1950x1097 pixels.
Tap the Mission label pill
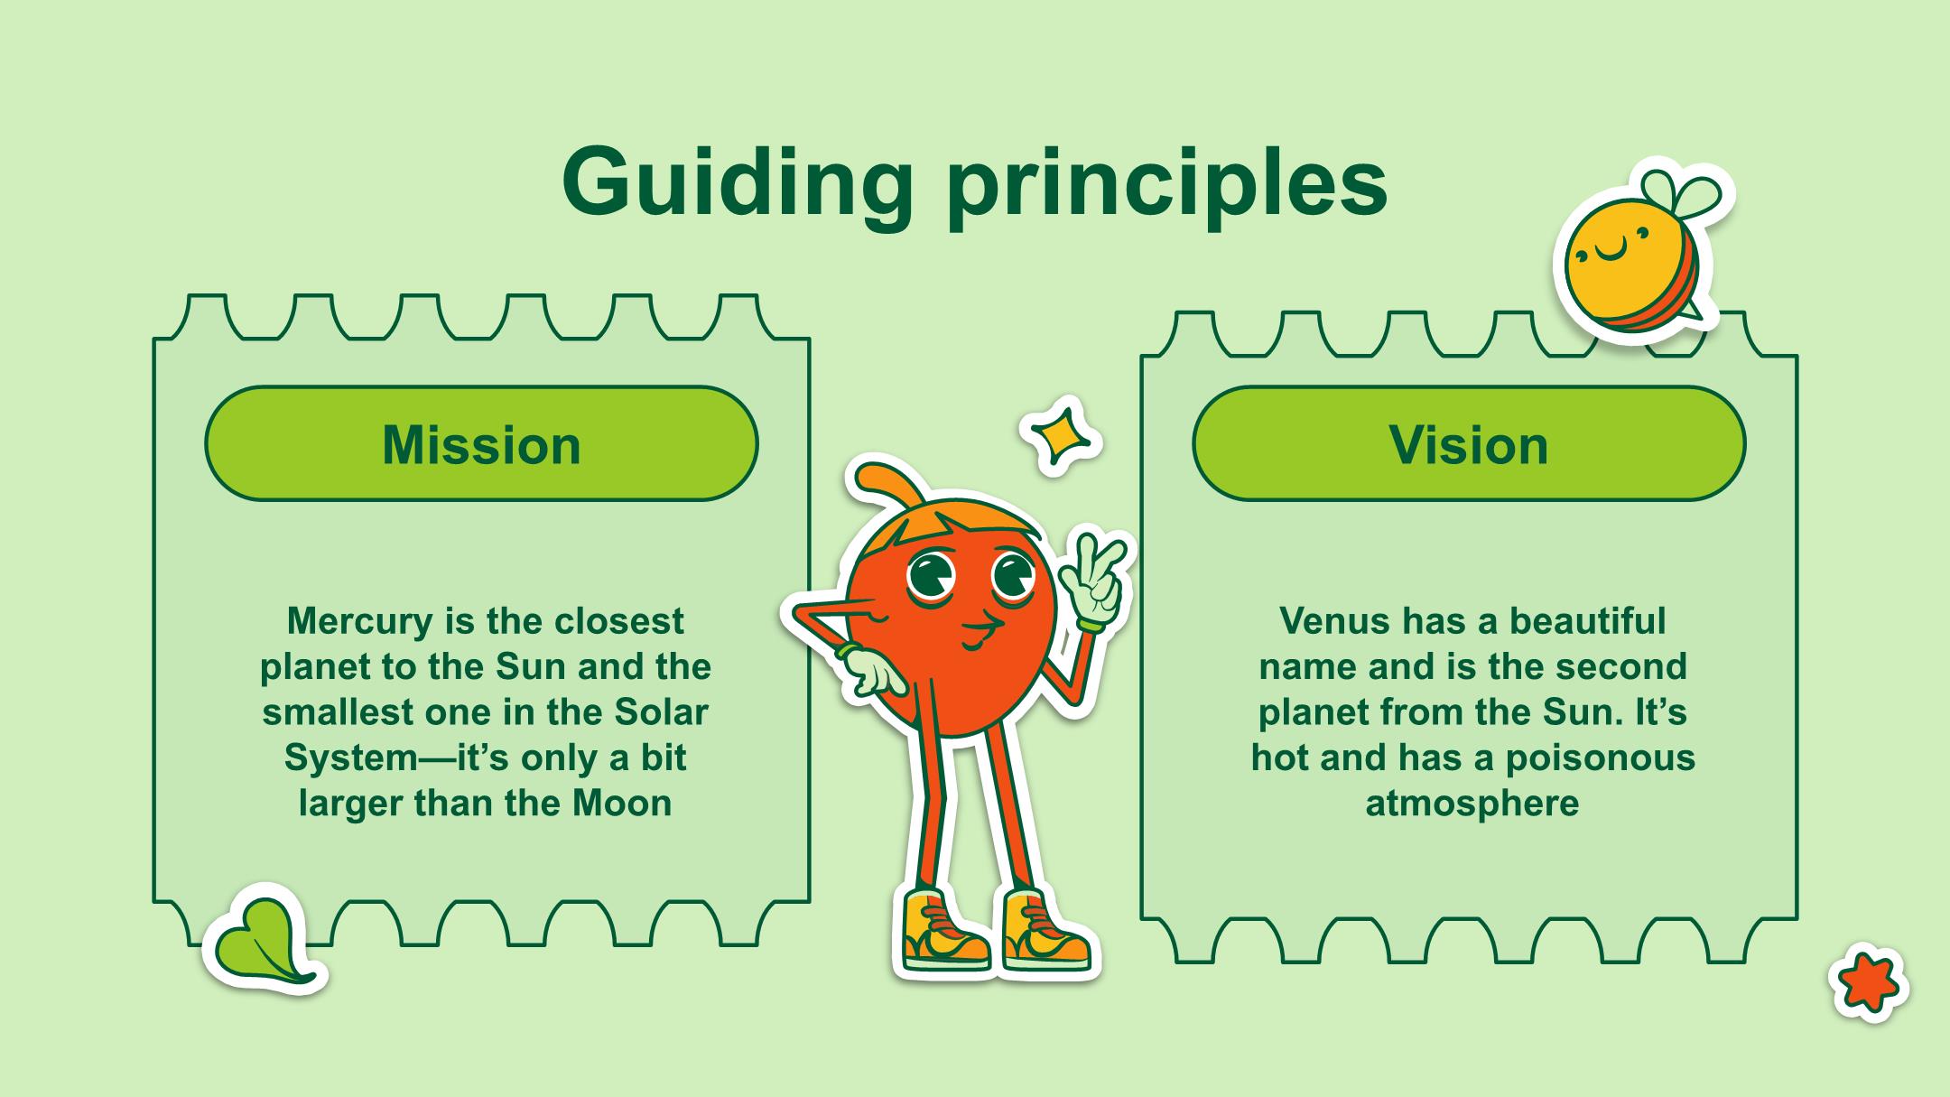pos(481,444)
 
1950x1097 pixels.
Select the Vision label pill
pos(1469,444)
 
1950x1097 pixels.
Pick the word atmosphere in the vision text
pos(1472,803)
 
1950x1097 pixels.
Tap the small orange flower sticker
pos(1869,982)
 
